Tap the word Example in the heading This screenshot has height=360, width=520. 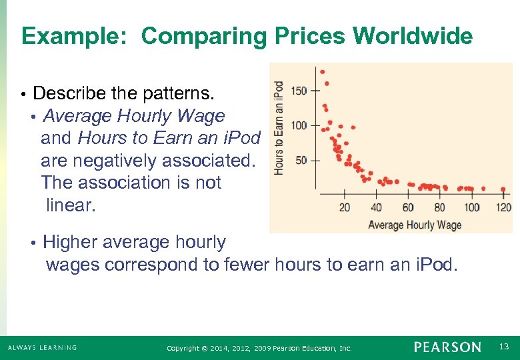[x=73, y=36]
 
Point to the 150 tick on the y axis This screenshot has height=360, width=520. [x=299, y=91]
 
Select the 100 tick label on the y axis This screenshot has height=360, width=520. [x=299, y=125]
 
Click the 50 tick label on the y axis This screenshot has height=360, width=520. [x=301, y=160]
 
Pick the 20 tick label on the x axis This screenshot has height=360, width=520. [x=344, y=207]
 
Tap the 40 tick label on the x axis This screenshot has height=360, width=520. [x=376, y=207]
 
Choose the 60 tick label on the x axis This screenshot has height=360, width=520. [x=408, y=207]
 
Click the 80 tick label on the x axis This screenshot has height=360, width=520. [x=439, y=207]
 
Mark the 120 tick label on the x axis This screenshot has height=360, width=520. [x=503, y=207]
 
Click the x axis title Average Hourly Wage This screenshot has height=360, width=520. [x=415, y=225]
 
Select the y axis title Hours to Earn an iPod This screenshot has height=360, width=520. [x=279, y=128]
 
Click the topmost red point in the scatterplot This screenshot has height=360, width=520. [x=323, y=71]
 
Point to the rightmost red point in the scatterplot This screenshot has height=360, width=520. [x=503, y=189]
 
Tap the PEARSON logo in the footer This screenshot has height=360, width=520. [x=447, y=347]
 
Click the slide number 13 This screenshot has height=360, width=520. [x=503, y=347]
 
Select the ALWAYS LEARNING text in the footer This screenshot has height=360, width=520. [x=42, y=348]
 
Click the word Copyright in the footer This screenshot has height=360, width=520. [x=183, y=348]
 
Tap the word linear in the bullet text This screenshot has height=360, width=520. [x=71, y=205]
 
